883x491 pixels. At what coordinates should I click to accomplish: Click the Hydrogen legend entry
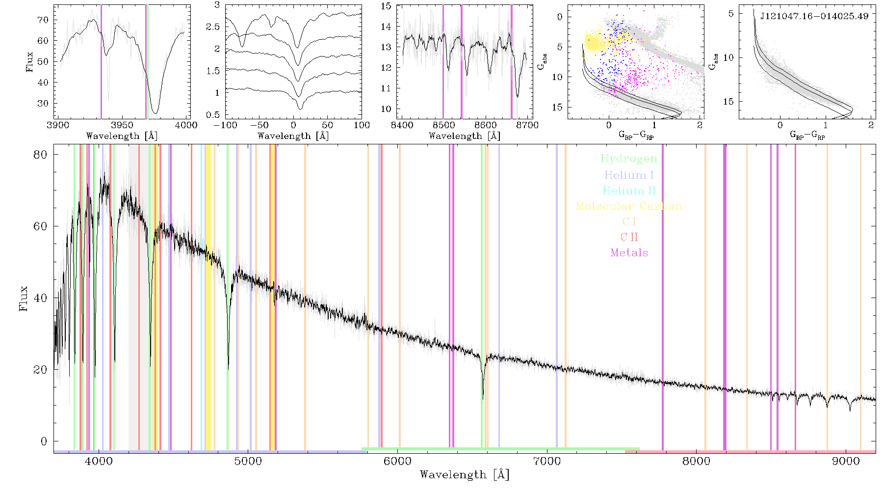pyautogui.click(x=628, y=159)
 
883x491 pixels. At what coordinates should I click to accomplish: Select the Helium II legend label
pyautogui.click(x=629, y=191)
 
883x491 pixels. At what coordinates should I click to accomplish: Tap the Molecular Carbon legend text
pyautogui.click(x=629, y=206)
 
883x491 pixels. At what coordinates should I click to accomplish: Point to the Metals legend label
pyautogui.click(x=629, y=252)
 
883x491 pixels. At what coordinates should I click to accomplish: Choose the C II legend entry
pyautogui.click(x=629, y=237)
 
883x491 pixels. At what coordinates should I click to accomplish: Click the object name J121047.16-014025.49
pyautogui.click(x=814, y=16)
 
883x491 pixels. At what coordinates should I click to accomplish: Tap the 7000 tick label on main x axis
pyautogui.click(x=546, y=461)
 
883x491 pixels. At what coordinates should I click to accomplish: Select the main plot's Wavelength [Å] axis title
pyautogui.click(x=465, y=475)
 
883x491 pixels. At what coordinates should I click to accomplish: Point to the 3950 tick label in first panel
pyautogui.click(x=122, y=125)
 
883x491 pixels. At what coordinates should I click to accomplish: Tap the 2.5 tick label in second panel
pyautogui.click(x=213, y=27)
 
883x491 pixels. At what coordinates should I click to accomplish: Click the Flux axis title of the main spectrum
pyautogui.click(x=23, y=298)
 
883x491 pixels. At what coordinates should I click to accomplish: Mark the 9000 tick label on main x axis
pyautogui.click(x=846, y=461)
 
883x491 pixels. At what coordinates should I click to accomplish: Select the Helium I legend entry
pyautogui.click(x=629, y=175)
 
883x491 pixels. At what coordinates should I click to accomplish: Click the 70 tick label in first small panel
pyautogui.click(x=43, y=20)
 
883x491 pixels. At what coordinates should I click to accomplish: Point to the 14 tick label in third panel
pyautogui.click(x=386, y=27)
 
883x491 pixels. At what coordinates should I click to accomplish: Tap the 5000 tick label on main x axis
pyautogui.click(x=248, y=461)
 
